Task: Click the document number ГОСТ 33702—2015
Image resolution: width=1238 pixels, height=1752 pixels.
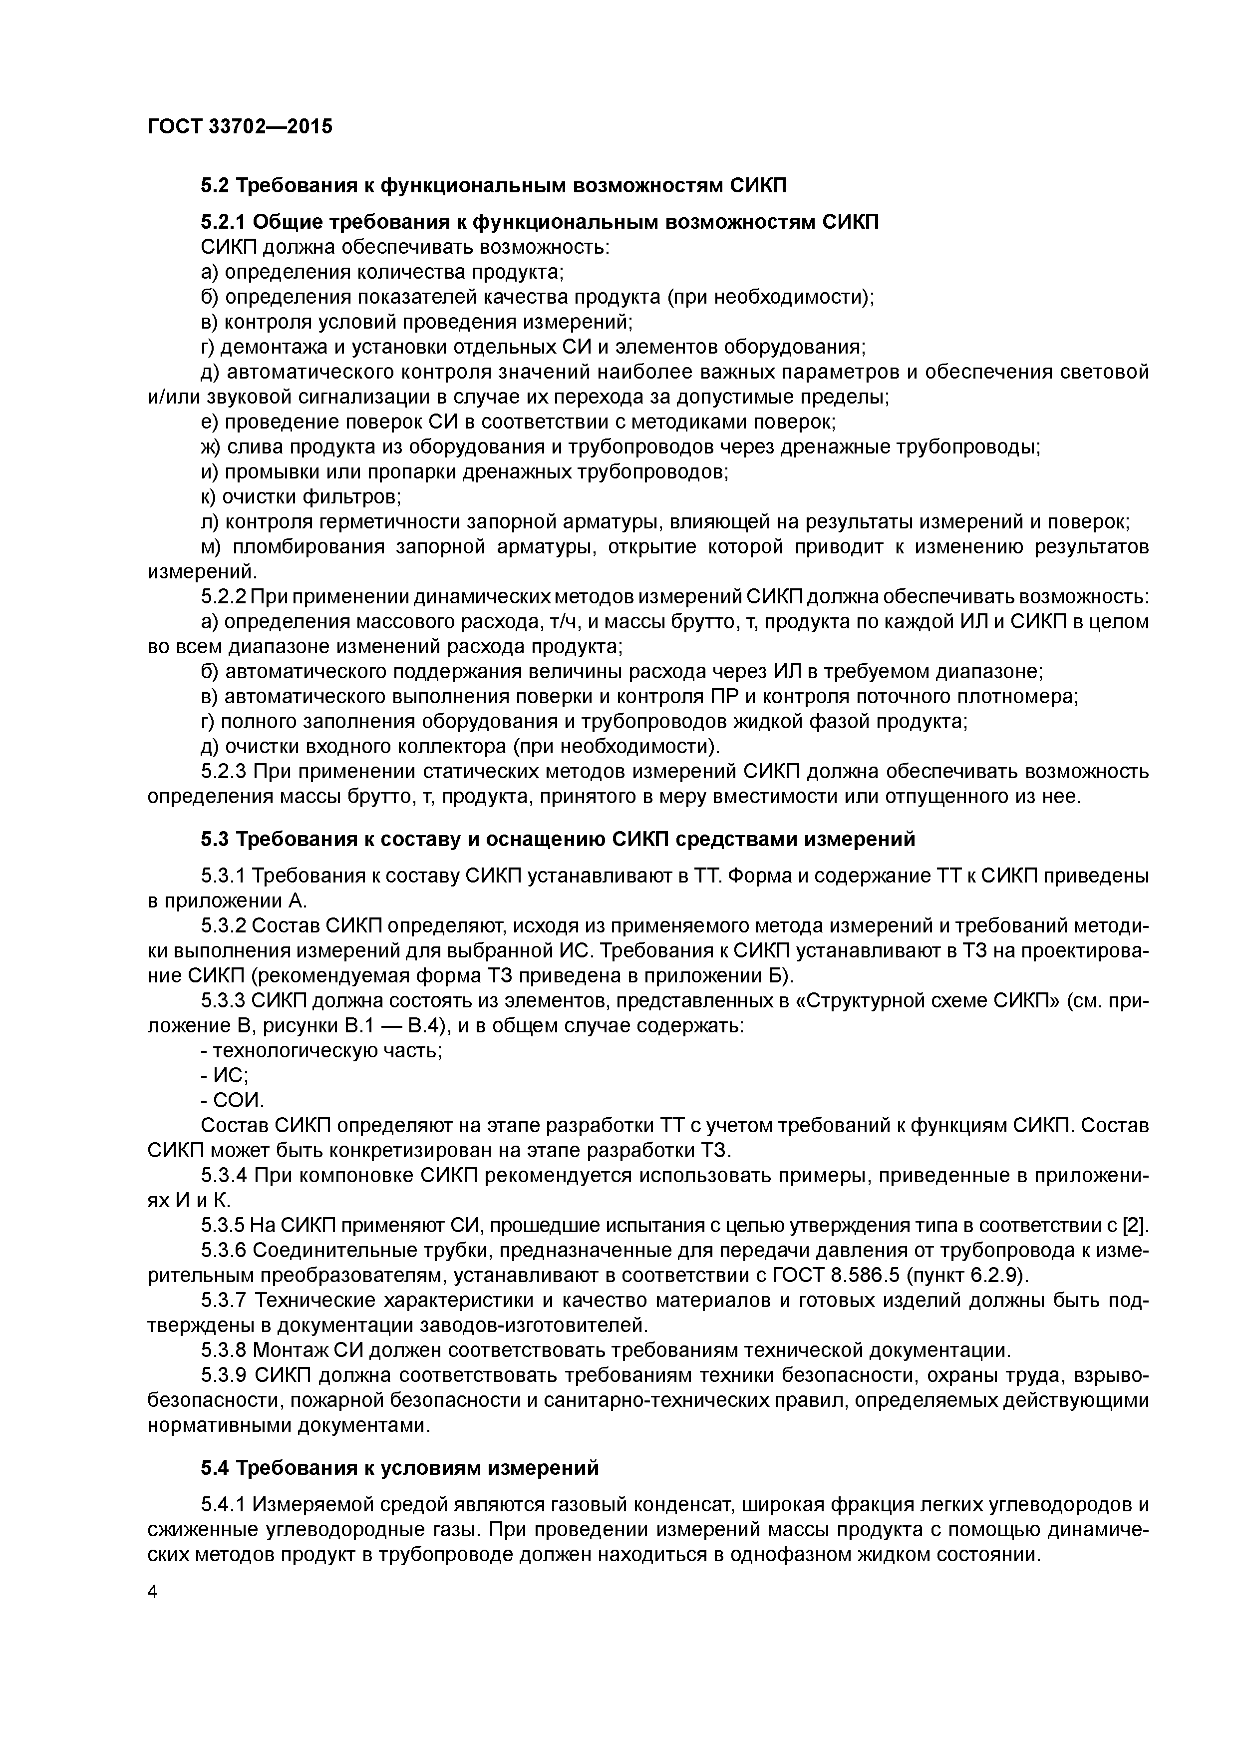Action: tap(240, 126)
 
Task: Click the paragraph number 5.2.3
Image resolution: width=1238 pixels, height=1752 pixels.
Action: tap(224, 772)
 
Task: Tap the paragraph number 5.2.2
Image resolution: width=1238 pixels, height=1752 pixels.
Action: tap(224, 597)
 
